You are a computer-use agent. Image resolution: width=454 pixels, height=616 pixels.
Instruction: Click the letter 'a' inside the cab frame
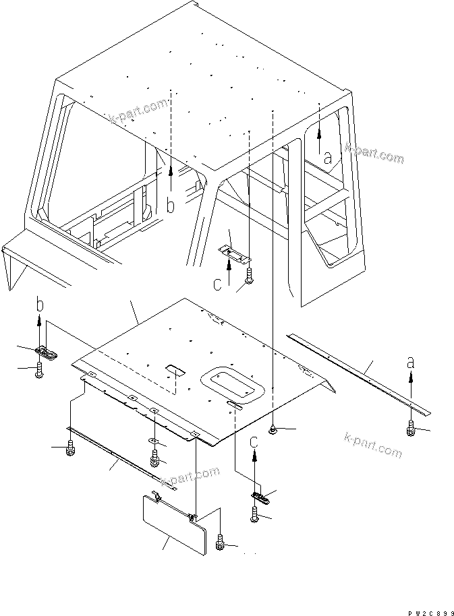click(x=327, y=159)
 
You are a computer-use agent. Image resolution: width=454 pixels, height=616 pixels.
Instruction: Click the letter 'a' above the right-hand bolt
click(x=411, y=362)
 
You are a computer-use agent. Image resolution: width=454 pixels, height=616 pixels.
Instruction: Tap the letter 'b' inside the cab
click(x=171, y=206)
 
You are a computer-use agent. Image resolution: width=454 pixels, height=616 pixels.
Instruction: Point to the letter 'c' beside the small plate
click(x=217, y=284)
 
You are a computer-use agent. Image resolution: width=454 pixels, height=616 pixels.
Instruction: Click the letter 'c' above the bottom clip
click(x=254, y=442)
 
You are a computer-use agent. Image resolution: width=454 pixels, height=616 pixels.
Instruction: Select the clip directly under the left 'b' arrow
click(x=45, y=351)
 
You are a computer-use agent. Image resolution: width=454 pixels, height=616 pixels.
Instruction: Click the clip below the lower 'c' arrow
click(x=260, y=497)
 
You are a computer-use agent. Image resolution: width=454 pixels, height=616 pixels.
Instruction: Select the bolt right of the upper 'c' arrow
click(x=249, y=274)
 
